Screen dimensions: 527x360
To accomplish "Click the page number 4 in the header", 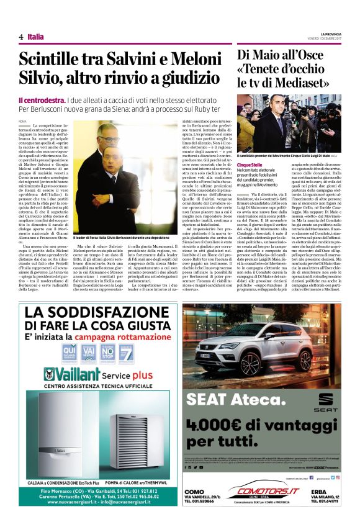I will point(20,37).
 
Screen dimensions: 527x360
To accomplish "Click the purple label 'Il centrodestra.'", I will point(42,100).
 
